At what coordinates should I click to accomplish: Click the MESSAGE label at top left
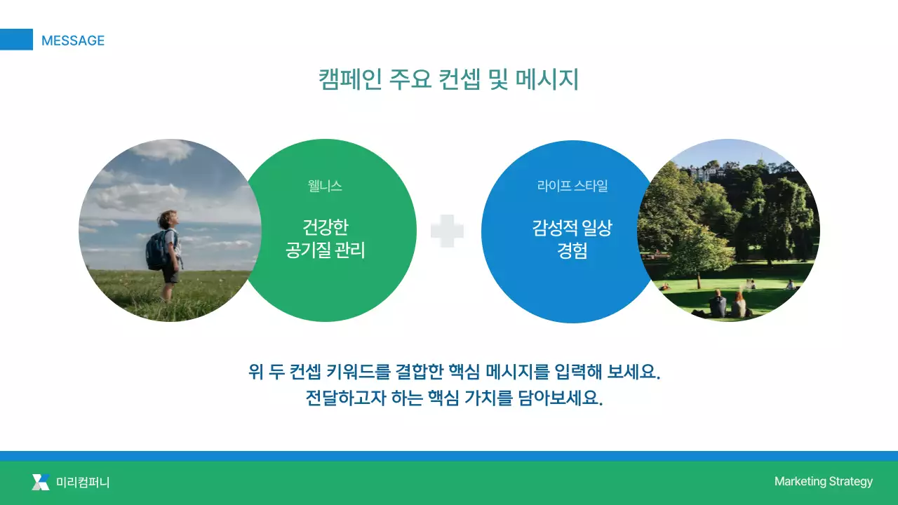[x=72, y=41]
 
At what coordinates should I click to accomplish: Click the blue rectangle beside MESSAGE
[x=16, y=39]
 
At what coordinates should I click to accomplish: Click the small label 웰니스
[x=325, y=186]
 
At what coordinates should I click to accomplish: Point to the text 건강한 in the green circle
[x=325, y=227]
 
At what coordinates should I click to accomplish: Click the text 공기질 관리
[x=325, y=250]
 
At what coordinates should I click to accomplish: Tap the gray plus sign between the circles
[x=447, y=231]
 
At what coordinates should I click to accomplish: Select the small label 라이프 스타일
[x=572, y=186]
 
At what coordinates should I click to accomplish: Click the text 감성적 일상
[x=572, y=227]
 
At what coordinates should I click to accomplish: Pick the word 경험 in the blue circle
[x=572, y=251]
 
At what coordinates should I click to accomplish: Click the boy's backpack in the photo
[x=157, y=250]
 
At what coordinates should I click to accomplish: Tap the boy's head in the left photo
[x=168, y=219]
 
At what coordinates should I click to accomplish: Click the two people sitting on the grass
[x=728, y=305]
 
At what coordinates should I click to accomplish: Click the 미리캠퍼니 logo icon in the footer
[x=41, y=482]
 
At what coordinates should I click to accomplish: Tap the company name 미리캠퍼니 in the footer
[x=83, y=482]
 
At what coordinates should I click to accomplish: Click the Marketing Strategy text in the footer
[x=823, y=481]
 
